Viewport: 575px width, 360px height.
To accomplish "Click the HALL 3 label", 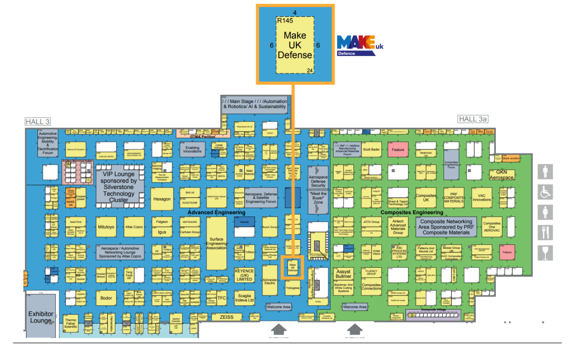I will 37,122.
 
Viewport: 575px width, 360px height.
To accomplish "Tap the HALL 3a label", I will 473,119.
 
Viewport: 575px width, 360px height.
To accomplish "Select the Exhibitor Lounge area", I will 41,316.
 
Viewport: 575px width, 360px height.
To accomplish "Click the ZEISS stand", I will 227,317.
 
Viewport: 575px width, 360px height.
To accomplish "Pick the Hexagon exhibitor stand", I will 162,199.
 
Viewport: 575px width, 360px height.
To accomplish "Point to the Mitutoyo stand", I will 106,227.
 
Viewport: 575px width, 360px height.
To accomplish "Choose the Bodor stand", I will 106,298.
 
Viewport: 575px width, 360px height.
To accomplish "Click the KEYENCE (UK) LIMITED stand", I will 244,275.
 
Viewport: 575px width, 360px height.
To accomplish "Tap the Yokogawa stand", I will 292,288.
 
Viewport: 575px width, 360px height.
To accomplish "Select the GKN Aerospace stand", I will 501,175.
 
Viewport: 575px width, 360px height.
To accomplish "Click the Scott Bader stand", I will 371,150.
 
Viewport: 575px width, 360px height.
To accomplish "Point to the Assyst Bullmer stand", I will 343,274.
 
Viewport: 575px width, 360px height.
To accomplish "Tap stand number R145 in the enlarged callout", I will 285,21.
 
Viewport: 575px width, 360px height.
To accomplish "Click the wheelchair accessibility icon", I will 545,192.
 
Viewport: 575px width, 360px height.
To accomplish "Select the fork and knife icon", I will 545,232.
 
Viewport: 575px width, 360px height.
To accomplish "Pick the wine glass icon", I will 545,252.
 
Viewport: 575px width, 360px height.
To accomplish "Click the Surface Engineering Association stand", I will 217,243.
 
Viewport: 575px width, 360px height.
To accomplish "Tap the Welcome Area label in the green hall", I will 355,307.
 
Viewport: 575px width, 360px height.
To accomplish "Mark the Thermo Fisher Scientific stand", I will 71,323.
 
